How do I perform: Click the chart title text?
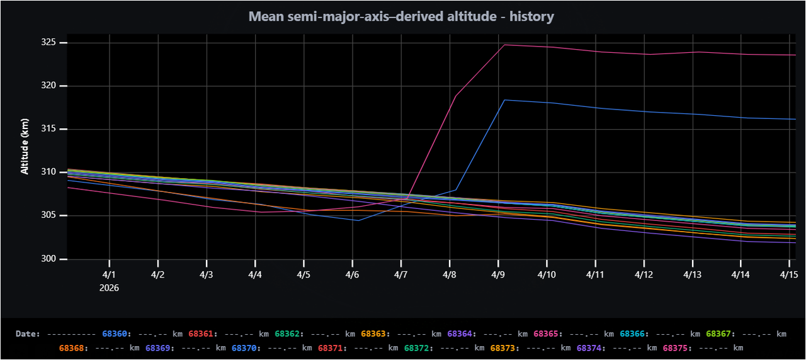(402, 16)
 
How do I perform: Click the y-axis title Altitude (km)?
(25, 145)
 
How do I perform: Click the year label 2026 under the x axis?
(109, 288)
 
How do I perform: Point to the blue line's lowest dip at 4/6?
(357, 220)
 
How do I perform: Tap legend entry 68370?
(244, 347)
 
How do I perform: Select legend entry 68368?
(71, 347)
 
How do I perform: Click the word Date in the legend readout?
(27, 334)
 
